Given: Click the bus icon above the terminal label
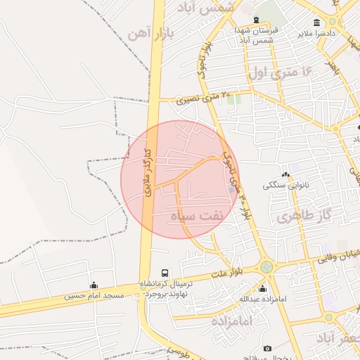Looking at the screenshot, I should pos(165,273).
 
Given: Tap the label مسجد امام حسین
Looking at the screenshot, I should pos(94,296).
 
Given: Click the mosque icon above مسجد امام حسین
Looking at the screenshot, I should pos(94,285).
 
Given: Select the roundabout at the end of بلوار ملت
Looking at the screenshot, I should pos(266,267).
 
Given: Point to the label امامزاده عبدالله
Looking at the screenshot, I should pos(262,300).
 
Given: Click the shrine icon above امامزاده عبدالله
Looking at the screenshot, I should pos(262,289).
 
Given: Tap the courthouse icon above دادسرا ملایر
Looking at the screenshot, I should pos(317,22).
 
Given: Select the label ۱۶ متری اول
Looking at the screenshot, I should pos(279,72).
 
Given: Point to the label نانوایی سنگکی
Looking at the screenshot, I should pos(285,186).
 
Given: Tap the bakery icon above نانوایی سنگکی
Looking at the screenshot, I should pos(285,175).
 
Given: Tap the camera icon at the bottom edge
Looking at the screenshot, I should pos(267,349).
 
